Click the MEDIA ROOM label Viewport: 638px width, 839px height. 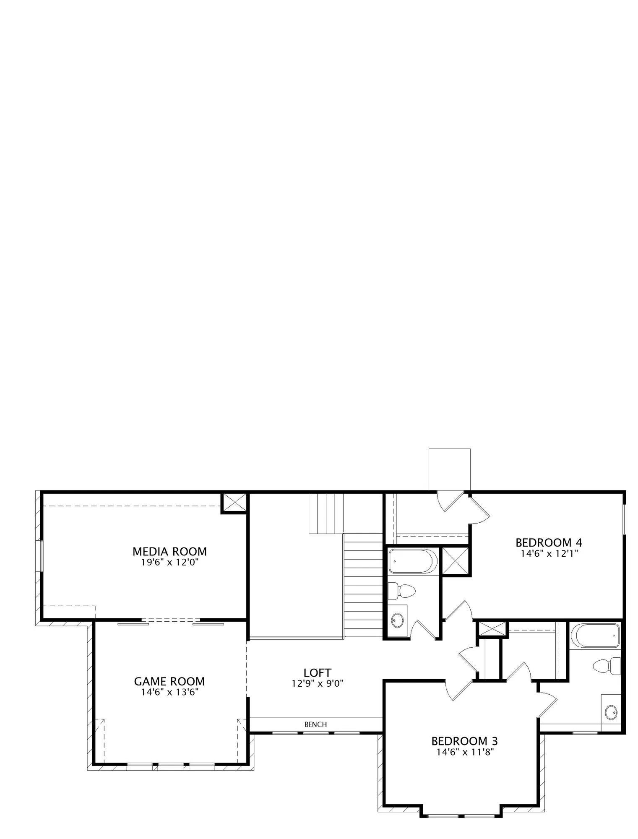pyautogui.click(x=169, y=551)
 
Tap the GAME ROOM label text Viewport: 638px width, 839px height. pyautogui.click(x=169, y=681)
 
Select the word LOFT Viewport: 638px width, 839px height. pyautogui.click(x=318, y=673)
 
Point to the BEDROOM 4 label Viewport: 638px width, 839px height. pyautogui.click(x=549, y=542)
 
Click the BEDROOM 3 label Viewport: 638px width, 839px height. pyautogui.click(x=465, y=741)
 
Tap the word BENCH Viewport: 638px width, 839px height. pyautogui.click(x=315, y=724)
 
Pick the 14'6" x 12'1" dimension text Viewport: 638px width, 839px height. pyautogui.click(x=549, y=553)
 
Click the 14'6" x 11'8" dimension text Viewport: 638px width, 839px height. pyautogui.click(x=465, y=752)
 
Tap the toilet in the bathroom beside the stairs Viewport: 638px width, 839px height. pyautogui.click(x=401, y=591)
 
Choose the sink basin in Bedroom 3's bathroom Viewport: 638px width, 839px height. pyautogui.click(x=612, y=711)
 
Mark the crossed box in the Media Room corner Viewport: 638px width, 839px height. pyautogui.click(x=234, y=503)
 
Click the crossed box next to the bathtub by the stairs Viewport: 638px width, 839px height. pyautogui.click(x=455, y=560)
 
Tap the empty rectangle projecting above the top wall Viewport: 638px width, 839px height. pyautogui.click(x=449, y=469)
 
